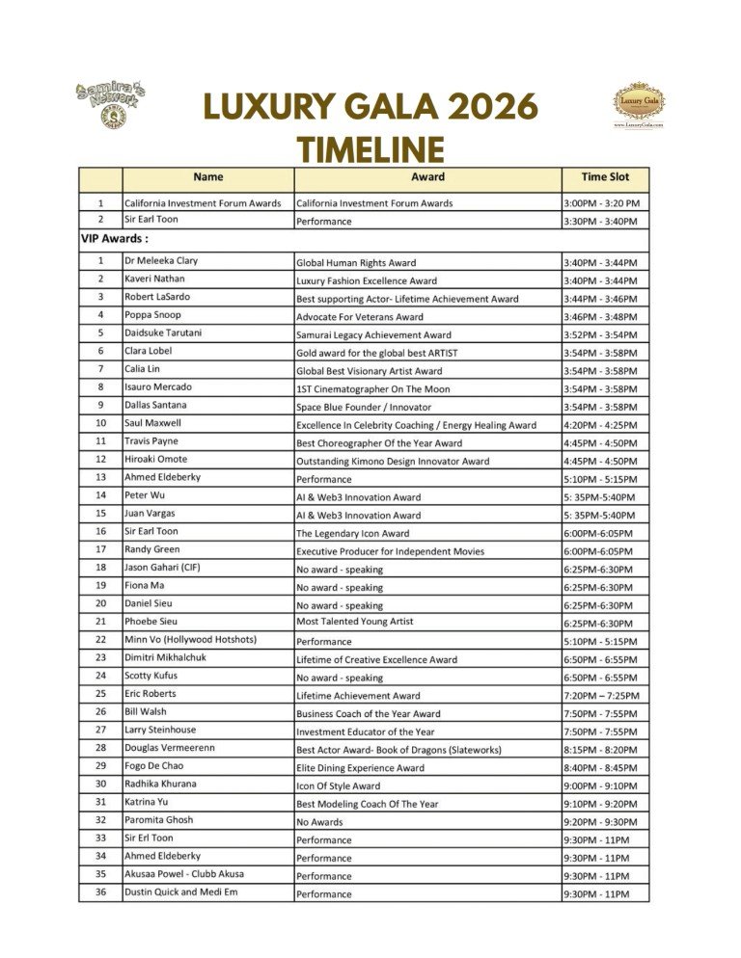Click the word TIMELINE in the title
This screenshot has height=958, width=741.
(x=370, y=149)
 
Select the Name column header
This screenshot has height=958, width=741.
(x=207, y=177)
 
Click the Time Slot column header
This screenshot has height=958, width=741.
(x=605, y=177)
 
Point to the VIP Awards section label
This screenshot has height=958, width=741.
(x=114, y=238)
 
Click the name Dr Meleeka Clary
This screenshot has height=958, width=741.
(x=161, y=261)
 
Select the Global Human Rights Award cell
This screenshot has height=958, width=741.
(x=356, y=263)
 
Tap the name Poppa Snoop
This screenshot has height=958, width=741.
(x=152, y=315)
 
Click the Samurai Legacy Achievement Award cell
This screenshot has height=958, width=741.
(x=373, y=335)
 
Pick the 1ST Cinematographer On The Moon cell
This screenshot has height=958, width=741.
(x=372, y=389)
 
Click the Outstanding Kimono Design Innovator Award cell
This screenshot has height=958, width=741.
(x=392, y=462)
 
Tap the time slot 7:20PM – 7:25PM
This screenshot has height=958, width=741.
(x=601, y=696)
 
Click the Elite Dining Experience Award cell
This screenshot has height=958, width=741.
(x=360, y=768)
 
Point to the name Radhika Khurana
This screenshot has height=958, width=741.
(x=160, y=784)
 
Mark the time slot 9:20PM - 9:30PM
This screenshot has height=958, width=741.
(x=600, y=822)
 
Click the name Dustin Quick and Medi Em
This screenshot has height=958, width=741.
(x=180, y=892)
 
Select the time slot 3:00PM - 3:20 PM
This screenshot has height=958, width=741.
(x=601, y=203)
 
